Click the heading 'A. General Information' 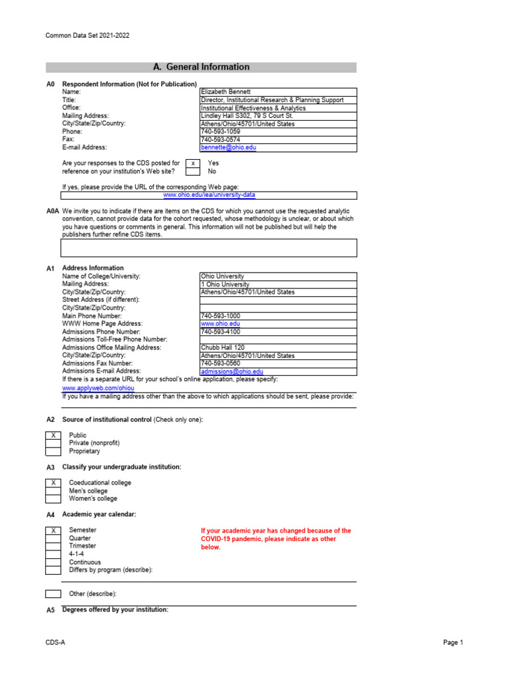[201, 67]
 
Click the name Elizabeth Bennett [226, 92]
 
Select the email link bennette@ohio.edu [228, 148]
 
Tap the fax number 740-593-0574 [220, 140]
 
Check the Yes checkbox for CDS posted [192, 163]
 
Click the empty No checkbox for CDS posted [192, 171]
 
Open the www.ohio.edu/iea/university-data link [209, 196]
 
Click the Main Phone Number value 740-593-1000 [220, 316]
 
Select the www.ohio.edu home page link [216, 324]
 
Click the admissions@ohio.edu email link [232, 373]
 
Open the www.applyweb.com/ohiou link [89, 387]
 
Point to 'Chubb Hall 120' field [223, 347]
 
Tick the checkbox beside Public [53, 436]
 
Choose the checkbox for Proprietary [53, 452]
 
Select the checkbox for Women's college [53, 499]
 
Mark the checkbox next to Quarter [53, 538]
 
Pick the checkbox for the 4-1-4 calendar [53, 554]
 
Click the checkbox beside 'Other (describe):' [53, 594]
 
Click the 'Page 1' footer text [453, 643]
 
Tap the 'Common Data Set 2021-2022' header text [87, 36]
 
